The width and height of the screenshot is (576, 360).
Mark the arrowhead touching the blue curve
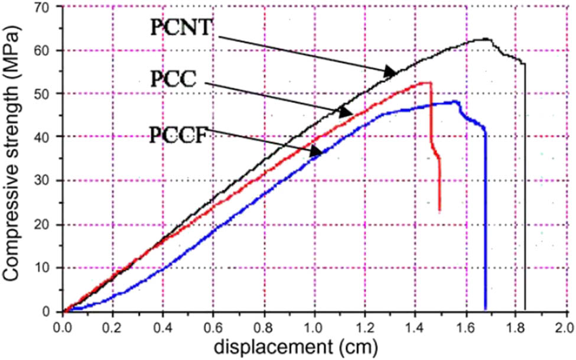pos(317,152)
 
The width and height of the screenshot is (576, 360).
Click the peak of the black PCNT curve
pos(486,39)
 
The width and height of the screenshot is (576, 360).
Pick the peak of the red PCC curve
pos(429,83)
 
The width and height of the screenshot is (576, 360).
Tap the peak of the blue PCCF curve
pos(455,101)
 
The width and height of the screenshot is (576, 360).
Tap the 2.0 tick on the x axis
pos(566,325)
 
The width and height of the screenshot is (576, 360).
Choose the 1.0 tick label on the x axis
pos(314,325)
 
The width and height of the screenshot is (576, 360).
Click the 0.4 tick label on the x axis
pos(164,325)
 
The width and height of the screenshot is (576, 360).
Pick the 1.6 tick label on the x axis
pos(466,325)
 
